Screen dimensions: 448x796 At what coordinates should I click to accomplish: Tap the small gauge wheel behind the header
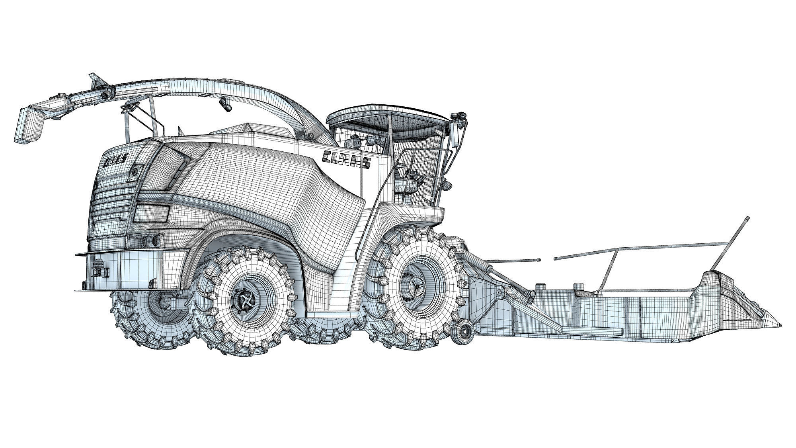coord(463,328)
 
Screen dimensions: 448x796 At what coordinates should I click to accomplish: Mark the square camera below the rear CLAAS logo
coord(137,171)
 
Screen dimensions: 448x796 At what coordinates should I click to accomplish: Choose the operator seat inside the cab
coord(406,181)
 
